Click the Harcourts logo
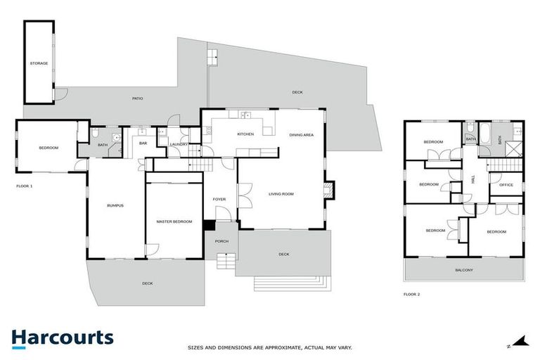coord(62,337)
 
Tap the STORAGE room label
coord(39,63)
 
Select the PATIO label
coord(137,98)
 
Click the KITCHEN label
coord(245,134)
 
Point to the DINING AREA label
coord(301,134)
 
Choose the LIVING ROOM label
coord(281,193)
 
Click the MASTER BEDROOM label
coord(174,221)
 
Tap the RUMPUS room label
coord(115,205)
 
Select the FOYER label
coord(219,199)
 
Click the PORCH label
coord(221,241)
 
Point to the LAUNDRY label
coord(179,144)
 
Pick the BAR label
coord(143,143)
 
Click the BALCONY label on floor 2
coord(463,270)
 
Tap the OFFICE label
coord(506,185)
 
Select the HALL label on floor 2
coord(473,180)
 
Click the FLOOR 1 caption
coord(25,186)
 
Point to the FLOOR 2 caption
coord(411,294)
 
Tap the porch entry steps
coord(225,262)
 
